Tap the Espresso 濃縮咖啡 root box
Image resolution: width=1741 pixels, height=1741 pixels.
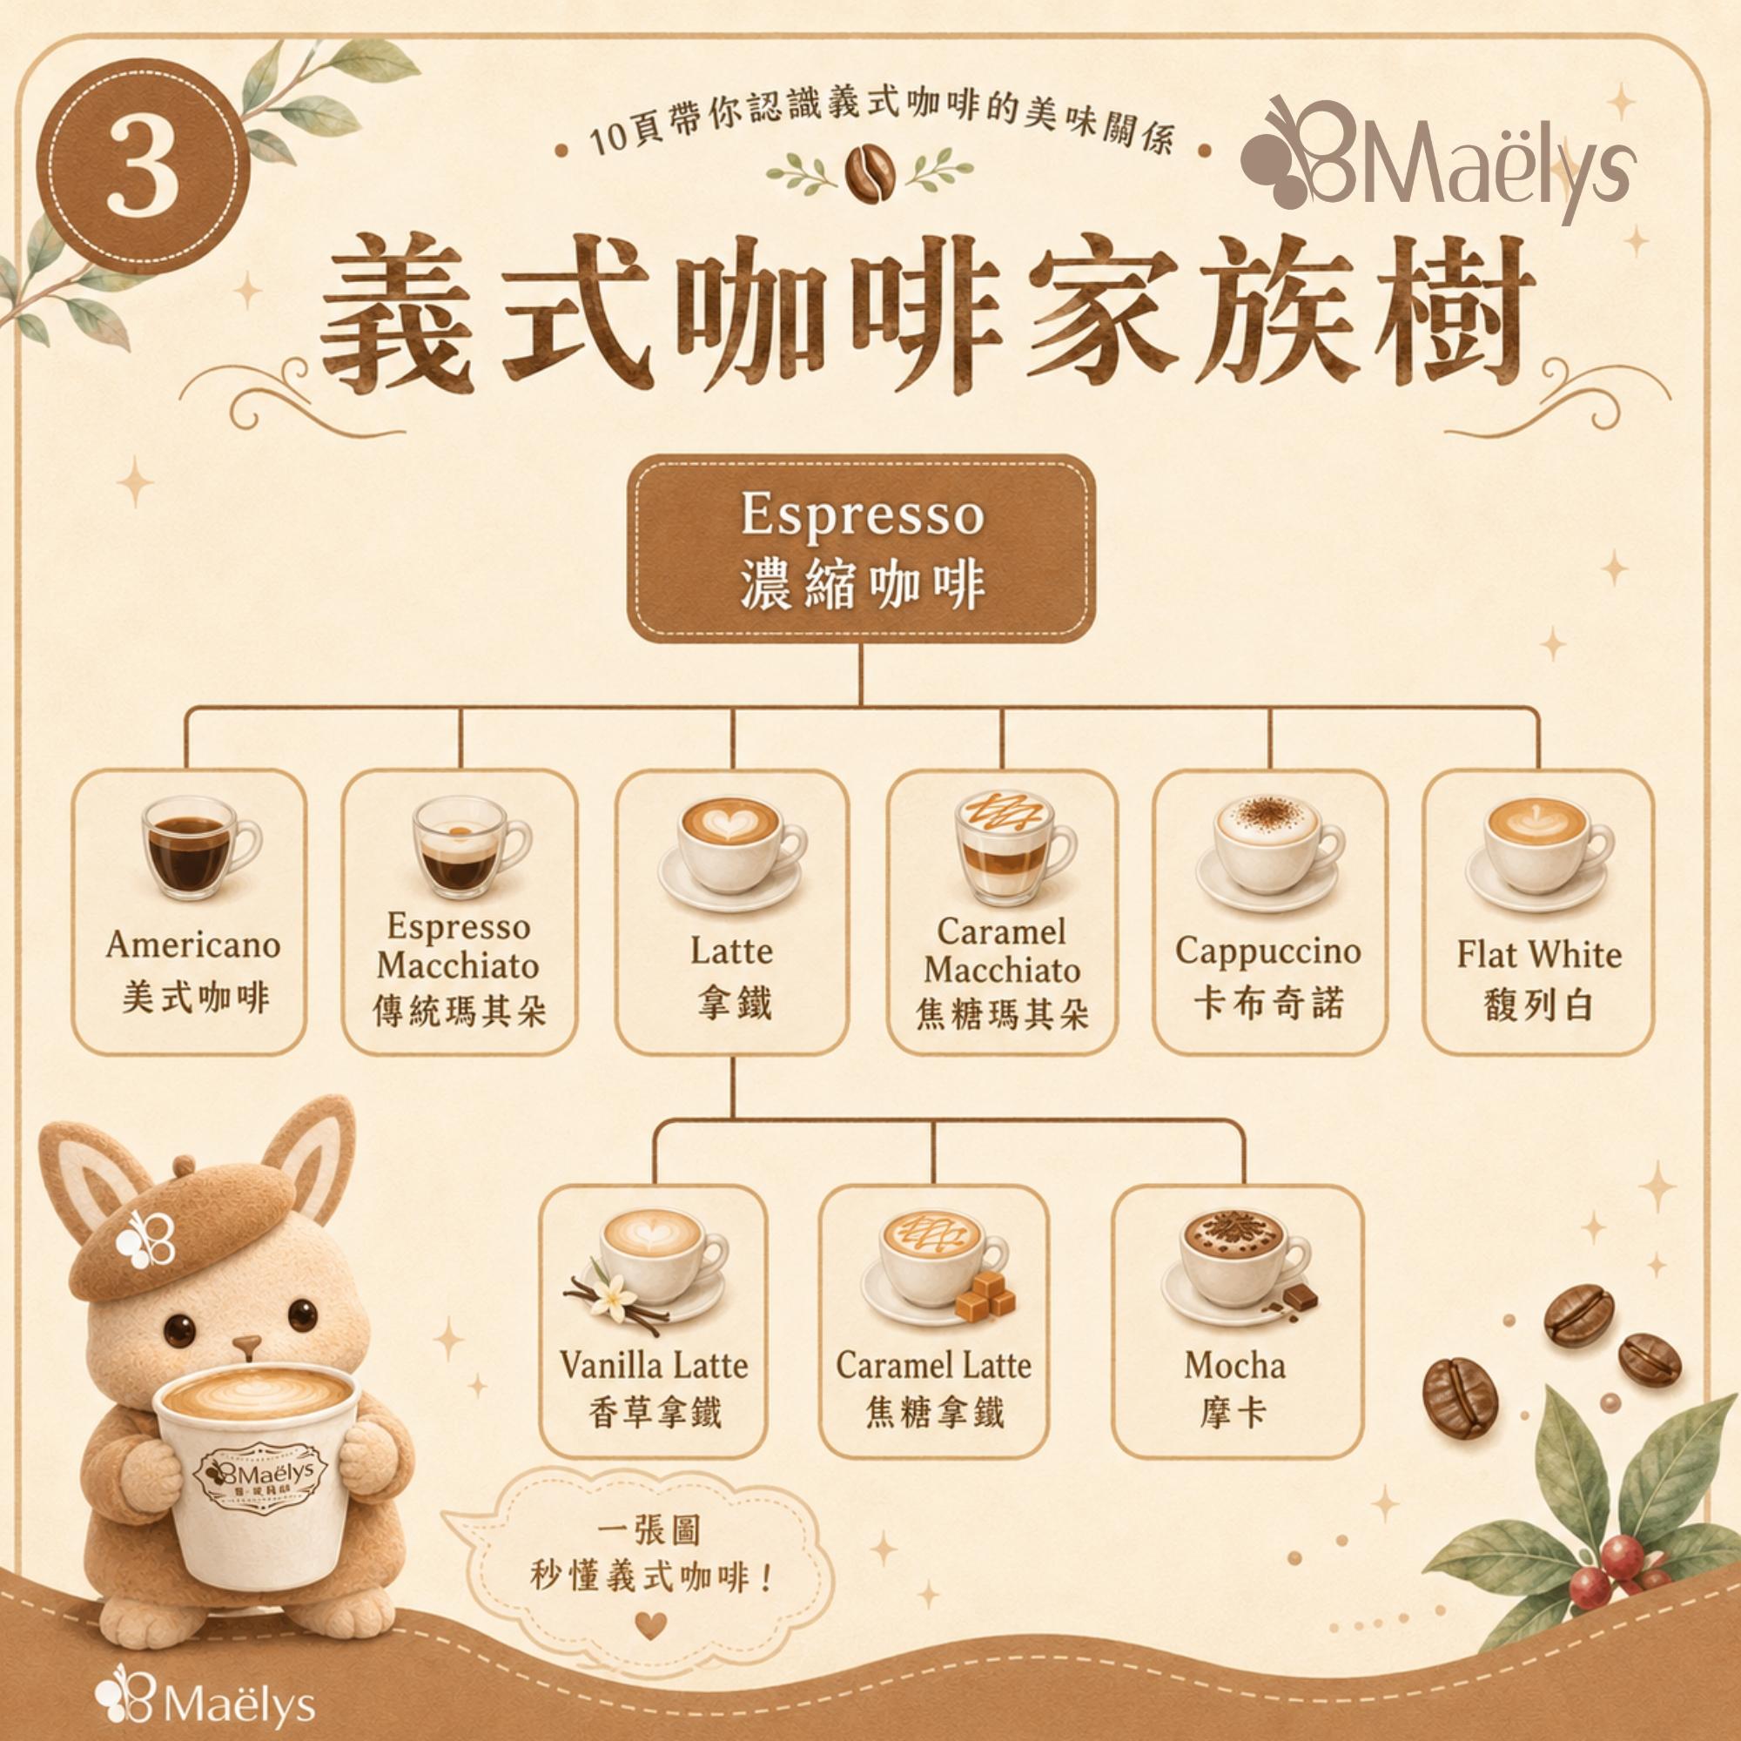[861, 549]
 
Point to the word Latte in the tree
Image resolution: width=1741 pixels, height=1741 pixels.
[732, 951]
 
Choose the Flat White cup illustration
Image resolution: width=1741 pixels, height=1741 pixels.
[1537, 852]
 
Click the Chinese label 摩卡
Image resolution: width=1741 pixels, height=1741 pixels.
[1233, 1411]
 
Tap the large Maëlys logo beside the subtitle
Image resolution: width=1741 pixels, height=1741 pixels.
[1438, 160]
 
